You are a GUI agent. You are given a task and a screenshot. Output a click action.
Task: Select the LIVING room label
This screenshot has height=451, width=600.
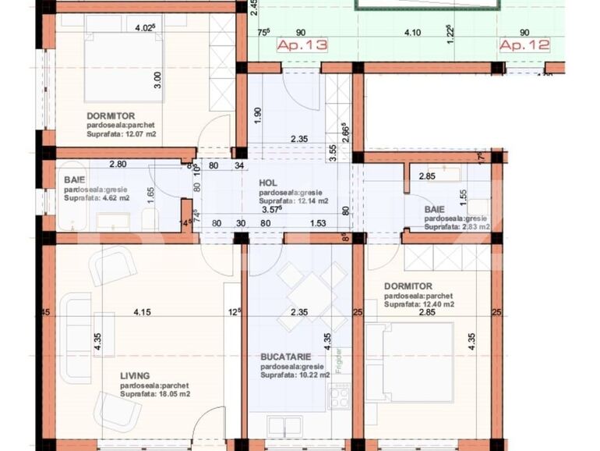135,375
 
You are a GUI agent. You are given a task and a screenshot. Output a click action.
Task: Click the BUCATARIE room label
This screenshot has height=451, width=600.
287,357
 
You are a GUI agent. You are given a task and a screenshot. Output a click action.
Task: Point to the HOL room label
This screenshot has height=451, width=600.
268,183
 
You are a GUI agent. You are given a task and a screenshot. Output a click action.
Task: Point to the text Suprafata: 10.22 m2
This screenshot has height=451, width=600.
295,375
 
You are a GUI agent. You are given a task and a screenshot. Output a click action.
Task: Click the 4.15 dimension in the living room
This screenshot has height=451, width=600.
141,313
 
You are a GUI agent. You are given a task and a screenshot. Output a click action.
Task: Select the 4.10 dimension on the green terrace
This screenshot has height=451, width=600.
412,33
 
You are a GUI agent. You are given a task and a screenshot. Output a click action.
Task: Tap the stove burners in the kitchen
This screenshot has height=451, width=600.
340,397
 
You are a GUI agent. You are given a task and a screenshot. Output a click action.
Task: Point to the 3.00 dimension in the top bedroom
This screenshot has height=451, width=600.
157,79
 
